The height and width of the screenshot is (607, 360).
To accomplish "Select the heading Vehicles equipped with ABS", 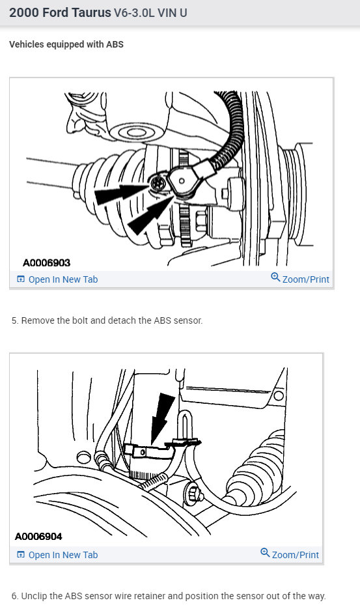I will pyautogui.click(x=66, y=44).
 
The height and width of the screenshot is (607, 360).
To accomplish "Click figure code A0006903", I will pyautogui.click(x=46, y=262).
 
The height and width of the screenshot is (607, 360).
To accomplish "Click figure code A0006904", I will pyautogui.click(x=38, y=537).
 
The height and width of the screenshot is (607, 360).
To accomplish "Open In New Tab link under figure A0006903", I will pyautogui.click(x=63, y=279).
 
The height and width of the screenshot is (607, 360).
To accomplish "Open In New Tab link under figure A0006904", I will pyautogui.click(x=63, y=555).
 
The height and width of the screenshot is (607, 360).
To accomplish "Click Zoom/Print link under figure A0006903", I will pyautogui.click(x=305, y=279).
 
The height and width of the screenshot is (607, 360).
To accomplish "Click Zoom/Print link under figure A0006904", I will pyautogui.click(x=296, y=555).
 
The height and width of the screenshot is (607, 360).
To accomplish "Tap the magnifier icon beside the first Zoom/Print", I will pyautogui.click(x=275, y=278).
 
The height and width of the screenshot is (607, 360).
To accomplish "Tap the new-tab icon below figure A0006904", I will pyautogui.click(x=21, y=555).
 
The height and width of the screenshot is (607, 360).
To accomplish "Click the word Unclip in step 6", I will pyautogui.click(x=35, y=596).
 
